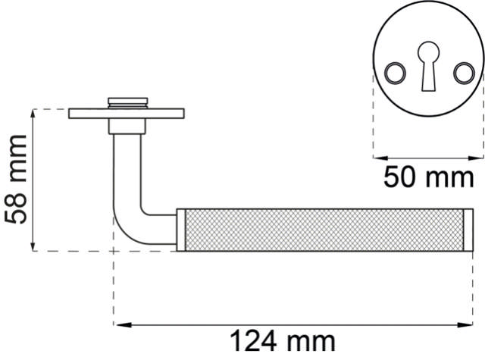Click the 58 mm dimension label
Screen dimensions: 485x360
click(x=15, y=180)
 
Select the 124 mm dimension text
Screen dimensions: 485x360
click(x=283, y=342)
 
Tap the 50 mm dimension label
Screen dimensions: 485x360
click(x=429, y=177)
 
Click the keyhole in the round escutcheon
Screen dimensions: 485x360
click(x=428, y=66)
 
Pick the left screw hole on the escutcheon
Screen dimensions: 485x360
click(x=395, y=73)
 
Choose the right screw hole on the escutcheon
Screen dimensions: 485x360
click(x=464, y=73)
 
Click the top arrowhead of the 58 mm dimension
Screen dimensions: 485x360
click(x=33, y=114)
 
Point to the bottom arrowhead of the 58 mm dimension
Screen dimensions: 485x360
click(x=33, y=246)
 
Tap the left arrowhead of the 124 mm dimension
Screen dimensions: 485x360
click(x=122, y=324)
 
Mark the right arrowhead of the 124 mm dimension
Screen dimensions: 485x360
click(x=464, y=324)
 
